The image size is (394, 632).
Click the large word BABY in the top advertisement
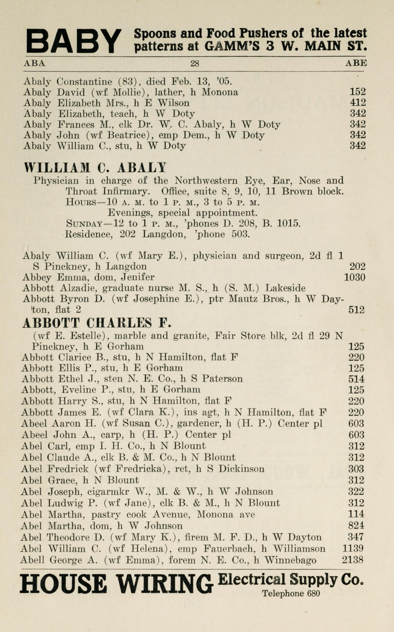(74, 41)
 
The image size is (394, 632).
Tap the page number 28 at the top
(195, 63)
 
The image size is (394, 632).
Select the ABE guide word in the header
(356, 63)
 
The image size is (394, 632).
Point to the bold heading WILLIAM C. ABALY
(95, 168)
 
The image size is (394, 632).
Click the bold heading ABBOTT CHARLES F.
(97, 323)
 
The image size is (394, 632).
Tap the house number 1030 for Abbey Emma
(354, 277)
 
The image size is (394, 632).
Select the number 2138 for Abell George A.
(353, 560)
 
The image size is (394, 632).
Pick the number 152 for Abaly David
(358, 92)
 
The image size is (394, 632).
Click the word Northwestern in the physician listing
(206, 180)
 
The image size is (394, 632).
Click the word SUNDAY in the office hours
(84, 224)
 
